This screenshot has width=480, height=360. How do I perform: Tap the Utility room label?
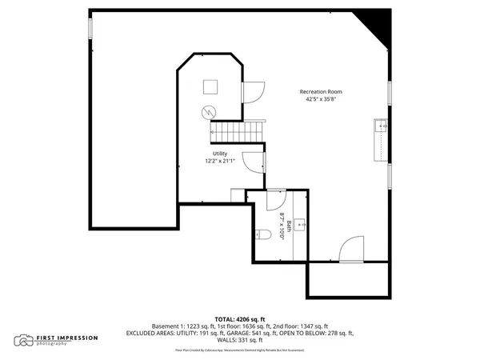coord(220,154)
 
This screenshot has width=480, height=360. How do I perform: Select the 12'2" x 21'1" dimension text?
coord(220,161)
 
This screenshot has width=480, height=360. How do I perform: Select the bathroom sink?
coord(302,225)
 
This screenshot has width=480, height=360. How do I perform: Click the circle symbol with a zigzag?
coord(210,111)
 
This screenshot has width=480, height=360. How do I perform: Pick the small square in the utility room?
coord(211,87)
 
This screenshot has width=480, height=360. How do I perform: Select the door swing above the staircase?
coord(251,93)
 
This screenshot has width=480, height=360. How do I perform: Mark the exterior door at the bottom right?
coord(353,251)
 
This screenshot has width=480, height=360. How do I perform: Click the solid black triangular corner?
coord(379,25)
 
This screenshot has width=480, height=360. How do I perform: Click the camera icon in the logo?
coord(25,341)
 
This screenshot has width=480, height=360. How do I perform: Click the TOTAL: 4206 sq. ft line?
coord(239,319)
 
